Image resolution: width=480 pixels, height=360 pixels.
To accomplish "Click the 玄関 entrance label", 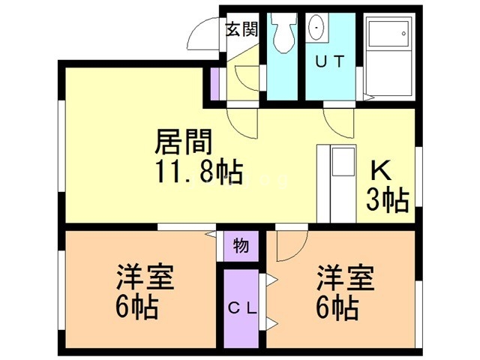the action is [x=242, y=30].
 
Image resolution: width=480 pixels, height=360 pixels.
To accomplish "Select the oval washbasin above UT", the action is [x=316, y=28].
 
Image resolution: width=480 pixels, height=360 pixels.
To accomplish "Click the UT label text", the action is [x=330, y=62].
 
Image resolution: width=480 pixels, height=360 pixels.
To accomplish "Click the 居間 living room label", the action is [x=184, y=142].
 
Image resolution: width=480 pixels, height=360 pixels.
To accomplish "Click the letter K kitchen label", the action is [x=381, y=172].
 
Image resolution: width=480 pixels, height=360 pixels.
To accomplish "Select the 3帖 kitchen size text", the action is [x=388, y=199].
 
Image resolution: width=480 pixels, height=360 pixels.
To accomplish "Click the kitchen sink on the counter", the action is [x=343, y=162].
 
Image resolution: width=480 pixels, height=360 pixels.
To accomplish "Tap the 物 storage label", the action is [x=241, y=246].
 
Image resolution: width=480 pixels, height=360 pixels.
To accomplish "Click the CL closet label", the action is [x=242, y=309].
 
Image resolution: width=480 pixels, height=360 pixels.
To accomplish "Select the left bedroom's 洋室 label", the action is [x=145, y=277].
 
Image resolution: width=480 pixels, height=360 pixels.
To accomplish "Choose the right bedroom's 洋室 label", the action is [x=346, y=277].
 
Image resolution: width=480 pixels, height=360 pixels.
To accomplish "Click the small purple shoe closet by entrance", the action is [x=215, y=83].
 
